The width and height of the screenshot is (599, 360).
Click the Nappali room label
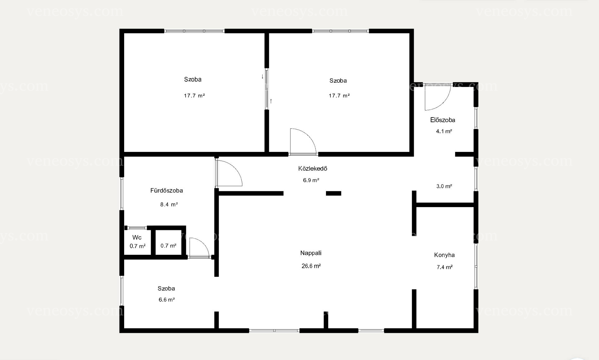[x=311, y=253]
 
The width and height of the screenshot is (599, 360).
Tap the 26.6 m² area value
[x=311, y=266]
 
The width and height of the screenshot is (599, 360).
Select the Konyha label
[x=444, y=255]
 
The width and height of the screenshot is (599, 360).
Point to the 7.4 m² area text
[x=445, y=267]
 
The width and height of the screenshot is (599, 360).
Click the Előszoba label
[x=442, y=120]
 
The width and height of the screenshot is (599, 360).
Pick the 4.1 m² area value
[x=444, y=131]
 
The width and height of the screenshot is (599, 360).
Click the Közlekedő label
[x=313, y=168]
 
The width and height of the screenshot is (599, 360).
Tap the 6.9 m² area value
[x=311, y=180]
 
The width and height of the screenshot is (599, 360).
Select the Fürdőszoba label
[x=167, y=191]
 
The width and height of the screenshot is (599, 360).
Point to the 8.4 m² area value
[x=169, y=205]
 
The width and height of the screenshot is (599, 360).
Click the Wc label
[x=137, y=238]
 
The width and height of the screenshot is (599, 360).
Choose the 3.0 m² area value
[x=444, y=186]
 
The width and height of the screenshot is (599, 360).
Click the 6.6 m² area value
[x=167, y=300]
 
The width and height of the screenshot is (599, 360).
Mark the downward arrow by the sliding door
[x=262, y=76]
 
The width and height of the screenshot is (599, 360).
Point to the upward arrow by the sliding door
[x=271, y=101]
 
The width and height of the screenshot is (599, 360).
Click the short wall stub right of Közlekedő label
[x=334, y=193]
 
